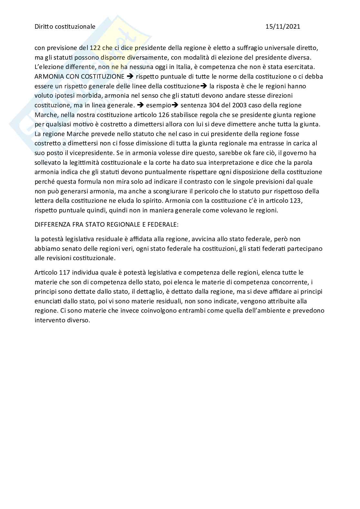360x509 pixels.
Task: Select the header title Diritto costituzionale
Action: click(x=65, y=26)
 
